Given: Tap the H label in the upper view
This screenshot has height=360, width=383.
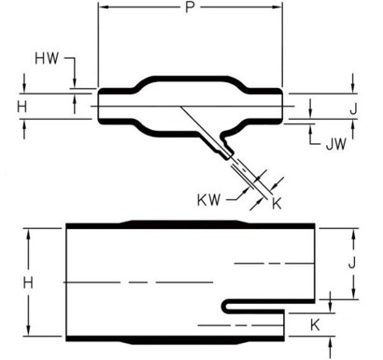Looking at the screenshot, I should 22,106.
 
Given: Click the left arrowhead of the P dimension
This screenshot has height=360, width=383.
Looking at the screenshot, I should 103,8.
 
